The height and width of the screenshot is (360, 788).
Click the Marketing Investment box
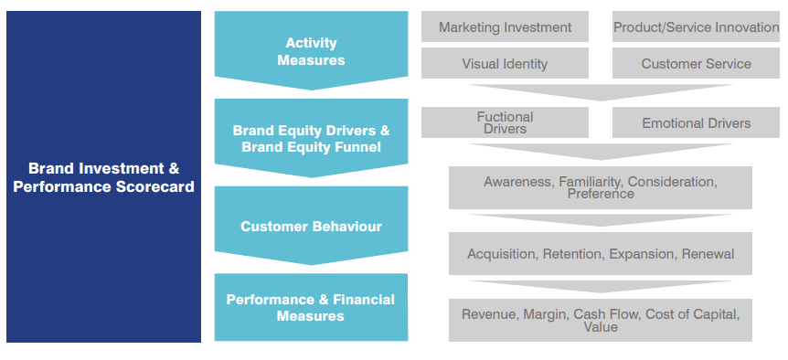pyautogui.click(x=505, y=26)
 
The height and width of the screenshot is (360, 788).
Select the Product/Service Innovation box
pyautogui.click(x=696, y=26)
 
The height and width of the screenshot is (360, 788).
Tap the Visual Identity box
pyautogui.click(x=505, y=63)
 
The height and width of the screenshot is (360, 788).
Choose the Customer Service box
pyautogui.click(x=696, y=63)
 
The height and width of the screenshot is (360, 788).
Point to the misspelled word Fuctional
pyautogui.click(x=505, y=117)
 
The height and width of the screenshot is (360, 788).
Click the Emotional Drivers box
pyautogui.click(x=696, y=122)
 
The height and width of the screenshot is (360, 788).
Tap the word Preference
pyautogui.click(x=601, y=194)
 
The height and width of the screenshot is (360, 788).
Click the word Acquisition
pyautogui.click(x=502, y=254)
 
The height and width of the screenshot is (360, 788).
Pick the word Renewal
pyautogui.click(x=708, y=254)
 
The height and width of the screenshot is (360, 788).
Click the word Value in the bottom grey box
pyautogui.click(x=601, y=327)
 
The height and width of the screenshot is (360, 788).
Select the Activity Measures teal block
pyautogui.click(x=311, y=51)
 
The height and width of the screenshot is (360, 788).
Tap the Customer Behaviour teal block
pyautogui.click(x=311, y=226)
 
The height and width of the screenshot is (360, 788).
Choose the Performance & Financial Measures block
pyautogui.click(x=311, y=307)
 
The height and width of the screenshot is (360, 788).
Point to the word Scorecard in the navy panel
pyautogui.click(x=154, y=186)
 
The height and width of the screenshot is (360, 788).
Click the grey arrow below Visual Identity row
pyautogui.click(x=601, y=92)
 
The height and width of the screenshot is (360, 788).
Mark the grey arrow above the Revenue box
pyautogui.click(x=601, y=287)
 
